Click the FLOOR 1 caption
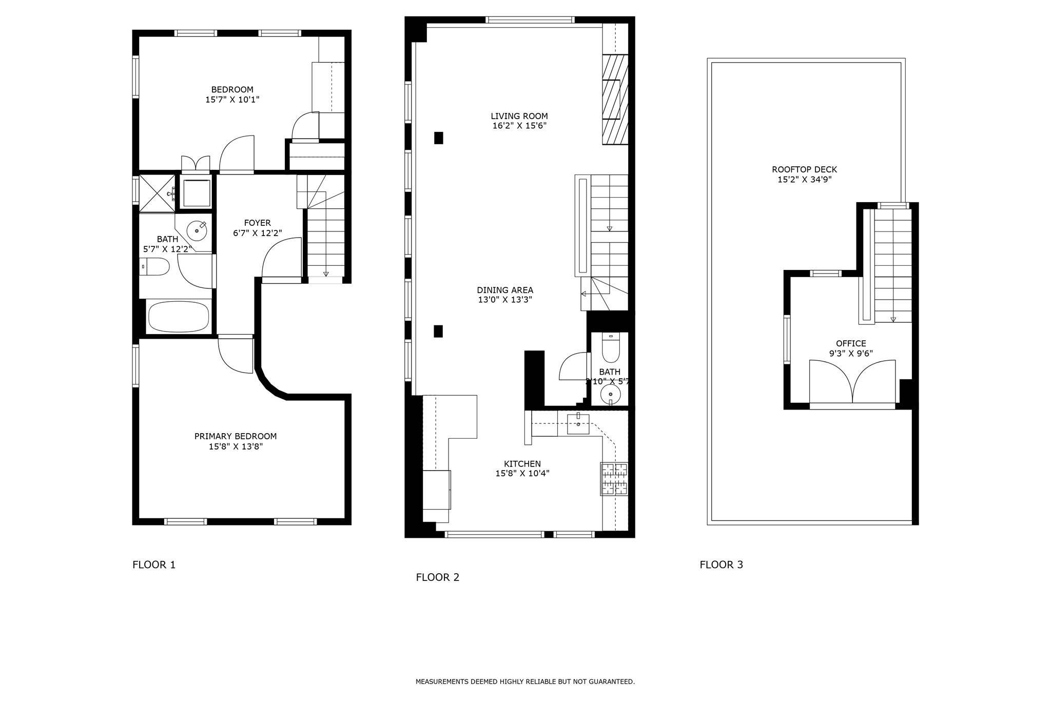pyautogui.click(x=154, y=565)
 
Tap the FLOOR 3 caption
pyautogui.click(x=721, y=565)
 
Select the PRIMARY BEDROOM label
pyautogui.click(x=235, y=436)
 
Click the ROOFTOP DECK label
pyautogui.click(x=804, y=169)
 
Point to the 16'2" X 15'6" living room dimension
pyautogui.click(x=519, y=126)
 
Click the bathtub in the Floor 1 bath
pyautogui.click(x=178, y=317)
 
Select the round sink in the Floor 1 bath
pyautogui.click(x=197, y=231)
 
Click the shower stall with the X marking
pyautogui.click(x=157, y=193)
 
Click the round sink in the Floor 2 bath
pyautogui.click(x=610, y=394)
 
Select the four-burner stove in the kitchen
pyautogui.click(x=614, y=479)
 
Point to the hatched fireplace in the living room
pyautogui.click(x=614, y=100)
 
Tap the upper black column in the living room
pyautogui.click(x=438, y=138)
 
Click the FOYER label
pyautogui.click(x=257, y=223)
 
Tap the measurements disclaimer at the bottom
pyautogui.click(x=525, y=682)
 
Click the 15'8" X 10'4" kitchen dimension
pyautogui.click(x=522, y=474)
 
